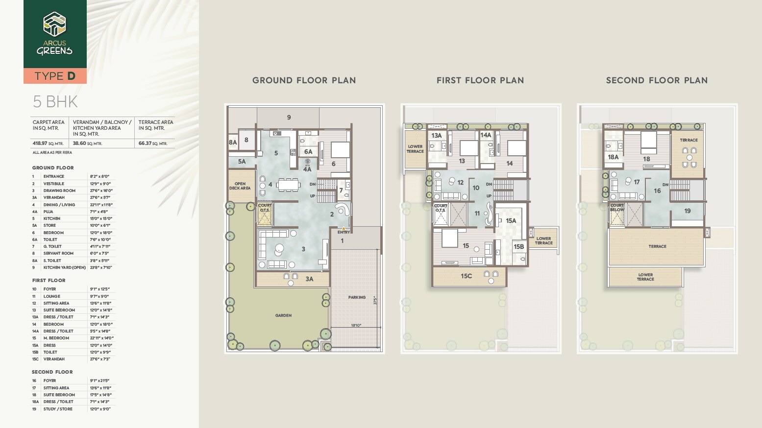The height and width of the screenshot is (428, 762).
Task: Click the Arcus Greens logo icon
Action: click(x=54, y=24)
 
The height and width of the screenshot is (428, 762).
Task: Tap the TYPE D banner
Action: click(x=55, y=76)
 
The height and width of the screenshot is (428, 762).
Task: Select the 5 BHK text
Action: click(x=55, y=102)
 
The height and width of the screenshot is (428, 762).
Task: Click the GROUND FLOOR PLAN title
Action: click(x=304, y=80)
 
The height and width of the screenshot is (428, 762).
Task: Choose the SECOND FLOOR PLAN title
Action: click(x=657, y=80)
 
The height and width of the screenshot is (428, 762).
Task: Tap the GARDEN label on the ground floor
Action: click(x=283, y=315)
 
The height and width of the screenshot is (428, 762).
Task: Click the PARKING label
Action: click(x=357, y=297)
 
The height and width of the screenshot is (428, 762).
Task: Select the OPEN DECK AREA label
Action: click(x=240, y=186)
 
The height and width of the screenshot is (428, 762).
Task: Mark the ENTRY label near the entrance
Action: click(x=344, y=232)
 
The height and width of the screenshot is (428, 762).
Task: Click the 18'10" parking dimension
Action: click(x=356, y=325)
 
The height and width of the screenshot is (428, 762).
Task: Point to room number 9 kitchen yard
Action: click(x=289, y=117)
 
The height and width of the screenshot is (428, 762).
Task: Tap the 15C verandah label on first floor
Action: click(x=466, y=276)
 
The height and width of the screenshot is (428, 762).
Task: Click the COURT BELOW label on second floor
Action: click(x=617, y=208)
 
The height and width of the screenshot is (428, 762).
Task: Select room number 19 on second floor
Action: click(x=688, y=211)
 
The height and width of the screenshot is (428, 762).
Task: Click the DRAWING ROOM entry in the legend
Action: click(x=59, y=190)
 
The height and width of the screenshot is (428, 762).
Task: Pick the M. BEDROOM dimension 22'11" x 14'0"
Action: click(x=101, y=338)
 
